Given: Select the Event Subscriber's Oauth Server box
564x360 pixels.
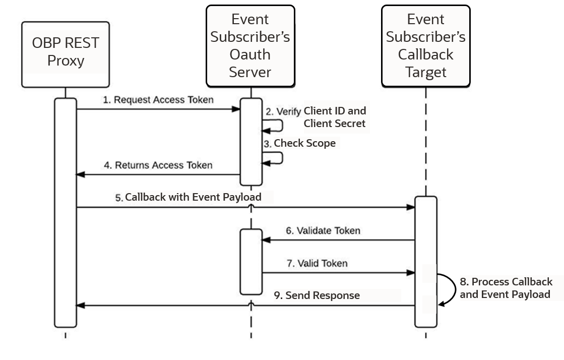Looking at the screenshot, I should (x=250, y=46).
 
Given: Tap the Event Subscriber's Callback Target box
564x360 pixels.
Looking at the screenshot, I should (x=425, y=46).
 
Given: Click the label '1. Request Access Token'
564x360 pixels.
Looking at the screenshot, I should (x=158, y=100).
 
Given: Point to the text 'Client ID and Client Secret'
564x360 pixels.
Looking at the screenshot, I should (x=335, y=117).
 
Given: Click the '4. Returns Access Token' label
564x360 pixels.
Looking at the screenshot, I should (x=158, y=165).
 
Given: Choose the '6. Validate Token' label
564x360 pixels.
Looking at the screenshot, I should (x=323, y=231).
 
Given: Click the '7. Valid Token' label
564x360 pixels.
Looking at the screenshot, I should (x=317, y=263).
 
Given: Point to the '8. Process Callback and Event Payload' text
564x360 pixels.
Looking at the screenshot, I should (x=506, y=288).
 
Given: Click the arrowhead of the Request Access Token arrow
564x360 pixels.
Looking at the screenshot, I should (x=236, y=109).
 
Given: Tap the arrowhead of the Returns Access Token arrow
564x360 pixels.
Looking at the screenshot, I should (x=80, y=174).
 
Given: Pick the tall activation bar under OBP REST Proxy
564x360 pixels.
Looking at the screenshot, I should (x=66, y=212).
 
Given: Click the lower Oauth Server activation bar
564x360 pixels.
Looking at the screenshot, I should (x=250, y=261).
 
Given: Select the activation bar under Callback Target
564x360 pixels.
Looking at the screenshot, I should (x=425, y=261).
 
